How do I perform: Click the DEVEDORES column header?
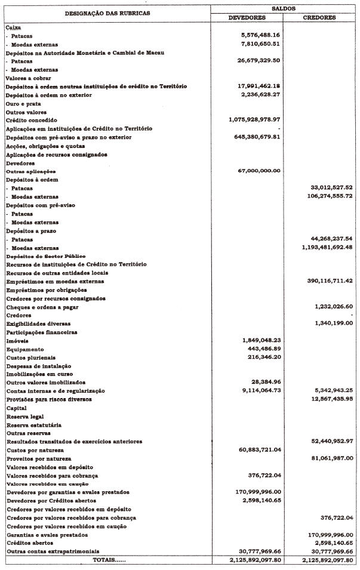tap(247, 17)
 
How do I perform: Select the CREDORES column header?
tap(319, 17)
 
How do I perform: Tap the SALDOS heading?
tap(283, 9)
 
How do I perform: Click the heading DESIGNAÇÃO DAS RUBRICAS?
tap(107, 13)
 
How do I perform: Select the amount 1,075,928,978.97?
tap(254, 120)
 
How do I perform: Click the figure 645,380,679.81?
tap(257, 137)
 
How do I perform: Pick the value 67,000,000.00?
tap(259, 171)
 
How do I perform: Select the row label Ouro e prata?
tap(23, 103)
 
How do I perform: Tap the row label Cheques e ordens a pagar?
tap(42, 307)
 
